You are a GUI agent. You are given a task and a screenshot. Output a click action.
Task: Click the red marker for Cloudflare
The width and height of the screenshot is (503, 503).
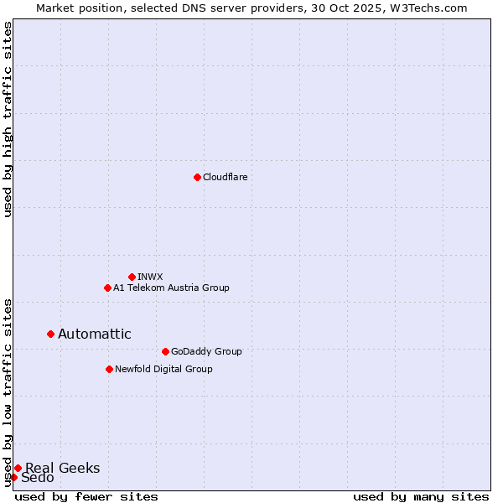(197, 177)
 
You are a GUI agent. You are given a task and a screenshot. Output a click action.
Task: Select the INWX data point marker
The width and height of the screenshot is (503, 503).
(132, 277)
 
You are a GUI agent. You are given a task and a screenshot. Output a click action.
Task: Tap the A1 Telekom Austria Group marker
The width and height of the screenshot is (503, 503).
(107, 288)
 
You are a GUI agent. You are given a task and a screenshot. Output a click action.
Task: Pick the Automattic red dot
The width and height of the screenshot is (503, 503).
(50, 334)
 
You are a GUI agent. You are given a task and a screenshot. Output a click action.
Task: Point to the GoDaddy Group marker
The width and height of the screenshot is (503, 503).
(165, 351)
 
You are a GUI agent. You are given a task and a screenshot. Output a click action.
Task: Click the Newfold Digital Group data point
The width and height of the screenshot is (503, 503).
(109, 369)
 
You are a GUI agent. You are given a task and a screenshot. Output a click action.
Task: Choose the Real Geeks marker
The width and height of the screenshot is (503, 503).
(18, 468)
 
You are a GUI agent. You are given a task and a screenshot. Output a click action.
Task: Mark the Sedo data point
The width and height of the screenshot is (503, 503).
(13, 477)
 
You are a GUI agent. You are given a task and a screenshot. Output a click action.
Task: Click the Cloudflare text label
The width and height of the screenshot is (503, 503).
(226, 177)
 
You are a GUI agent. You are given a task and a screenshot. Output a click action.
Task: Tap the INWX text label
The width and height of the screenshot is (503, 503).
(150, 277)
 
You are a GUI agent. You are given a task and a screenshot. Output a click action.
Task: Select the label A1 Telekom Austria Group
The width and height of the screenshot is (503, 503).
(171, 288)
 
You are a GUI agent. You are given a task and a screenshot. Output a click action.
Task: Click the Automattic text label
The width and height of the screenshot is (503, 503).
(95, 334)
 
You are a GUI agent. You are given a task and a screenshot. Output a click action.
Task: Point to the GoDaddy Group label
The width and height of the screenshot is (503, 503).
(206, 351)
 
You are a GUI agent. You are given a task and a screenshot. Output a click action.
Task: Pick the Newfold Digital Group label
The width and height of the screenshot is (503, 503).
(163, 369)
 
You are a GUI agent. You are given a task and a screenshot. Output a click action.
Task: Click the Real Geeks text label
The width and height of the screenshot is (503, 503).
(63, 468)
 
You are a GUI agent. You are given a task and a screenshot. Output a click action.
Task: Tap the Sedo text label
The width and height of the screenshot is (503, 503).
(38, 478)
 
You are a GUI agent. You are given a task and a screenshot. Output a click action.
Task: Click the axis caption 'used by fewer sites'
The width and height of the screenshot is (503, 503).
(86, 496)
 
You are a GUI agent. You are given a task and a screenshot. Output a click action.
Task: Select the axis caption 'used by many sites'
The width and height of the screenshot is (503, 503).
(421, 496)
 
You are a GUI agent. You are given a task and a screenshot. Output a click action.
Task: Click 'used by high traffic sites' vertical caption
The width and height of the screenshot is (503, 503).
(8, 119)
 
